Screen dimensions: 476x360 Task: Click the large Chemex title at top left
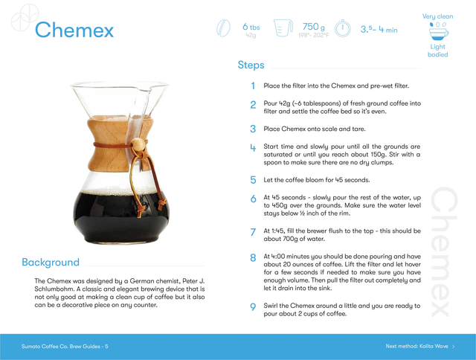pos(74,30)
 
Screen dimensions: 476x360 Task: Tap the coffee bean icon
pos(223,28)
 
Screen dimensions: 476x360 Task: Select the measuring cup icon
pos(283,28)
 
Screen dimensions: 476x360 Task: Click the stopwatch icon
pos(343,28)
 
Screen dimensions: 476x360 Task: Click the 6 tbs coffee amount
pos(251,27)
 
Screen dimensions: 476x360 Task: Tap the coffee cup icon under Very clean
pos(438,31)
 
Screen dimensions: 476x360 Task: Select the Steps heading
pos(251,65)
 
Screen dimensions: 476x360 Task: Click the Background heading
pos(51,262)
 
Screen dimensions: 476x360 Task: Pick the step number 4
pos(253,148)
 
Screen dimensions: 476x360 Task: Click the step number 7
pos(253,232)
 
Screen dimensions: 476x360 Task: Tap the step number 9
pos(253,307)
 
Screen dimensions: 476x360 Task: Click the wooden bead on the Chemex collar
pos(138,144)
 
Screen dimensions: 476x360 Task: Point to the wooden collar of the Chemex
pos(119,144)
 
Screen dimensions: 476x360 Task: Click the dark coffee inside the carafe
pos(120,217)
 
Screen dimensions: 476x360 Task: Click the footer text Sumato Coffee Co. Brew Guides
pos(61,347)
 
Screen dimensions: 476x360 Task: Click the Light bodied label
pos(438,51)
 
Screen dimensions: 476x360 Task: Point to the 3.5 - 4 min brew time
pos(379,30)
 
